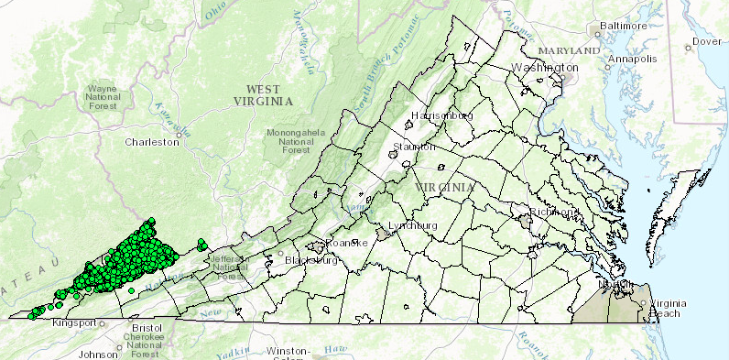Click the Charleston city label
tap(152, 142)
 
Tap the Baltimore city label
tap(622, 27)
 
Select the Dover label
tap(707, 41)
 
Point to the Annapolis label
tap(634, 59)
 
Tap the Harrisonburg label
tap(442, 116)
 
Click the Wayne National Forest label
tap(103, 96)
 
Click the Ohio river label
tap(215, 12)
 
